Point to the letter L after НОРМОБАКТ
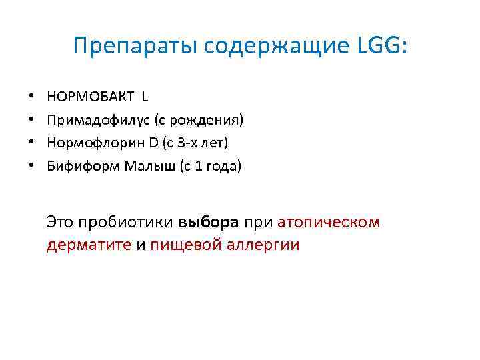145,97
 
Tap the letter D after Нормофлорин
153,143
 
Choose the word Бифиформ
83,166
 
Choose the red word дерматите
89,245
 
